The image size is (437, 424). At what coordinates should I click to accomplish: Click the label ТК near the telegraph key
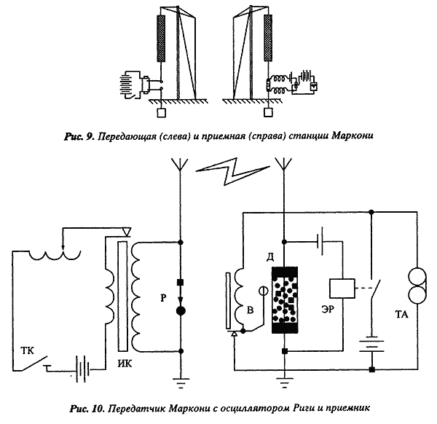[x=26, y=349]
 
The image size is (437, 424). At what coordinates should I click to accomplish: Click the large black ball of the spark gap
[x=181, y=313]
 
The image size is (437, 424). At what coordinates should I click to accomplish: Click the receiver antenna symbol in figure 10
[x=284, y=168]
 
